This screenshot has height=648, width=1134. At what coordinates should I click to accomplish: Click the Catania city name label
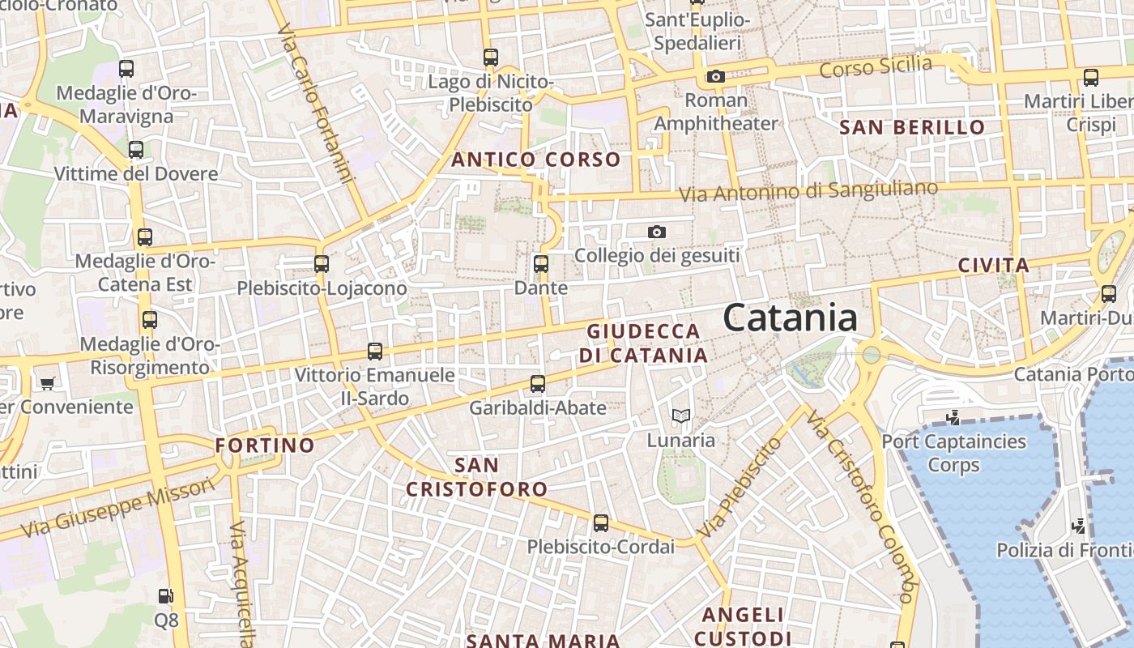(790, 318)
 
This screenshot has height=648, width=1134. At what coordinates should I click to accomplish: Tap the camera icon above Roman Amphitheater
(715, 76)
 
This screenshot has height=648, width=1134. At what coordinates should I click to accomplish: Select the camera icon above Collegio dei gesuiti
(657, 232)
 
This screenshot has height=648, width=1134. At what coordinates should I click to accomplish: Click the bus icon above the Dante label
(540, 264)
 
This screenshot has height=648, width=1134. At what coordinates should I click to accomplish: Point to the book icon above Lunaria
(681, 416)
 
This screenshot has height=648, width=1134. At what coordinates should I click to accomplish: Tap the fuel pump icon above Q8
(166, 596)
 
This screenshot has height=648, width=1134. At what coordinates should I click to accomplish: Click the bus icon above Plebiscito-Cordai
(600, 523)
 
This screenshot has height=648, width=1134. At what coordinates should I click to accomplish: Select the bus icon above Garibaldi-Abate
(538, 384)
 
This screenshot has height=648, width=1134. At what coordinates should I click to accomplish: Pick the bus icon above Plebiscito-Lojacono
(322, 264)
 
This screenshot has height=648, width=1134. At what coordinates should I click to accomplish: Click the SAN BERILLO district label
(912, 127)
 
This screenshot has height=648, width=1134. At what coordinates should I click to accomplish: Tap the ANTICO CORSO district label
(535, 160)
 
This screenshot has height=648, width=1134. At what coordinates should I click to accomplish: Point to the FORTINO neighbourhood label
(265, 445)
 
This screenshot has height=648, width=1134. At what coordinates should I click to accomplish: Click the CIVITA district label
(993, 265)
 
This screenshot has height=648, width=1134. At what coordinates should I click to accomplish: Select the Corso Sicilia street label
(876, 67)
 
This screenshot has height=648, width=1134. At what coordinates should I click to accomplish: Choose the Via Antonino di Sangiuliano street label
(808, 191)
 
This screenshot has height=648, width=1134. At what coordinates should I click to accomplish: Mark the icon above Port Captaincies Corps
(953, 418)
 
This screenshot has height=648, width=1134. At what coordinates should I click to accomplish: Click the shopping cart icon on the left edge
(48, 382)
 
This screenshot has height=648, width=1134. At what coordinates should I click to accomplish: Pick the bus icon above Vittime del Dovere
(136, 150)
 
